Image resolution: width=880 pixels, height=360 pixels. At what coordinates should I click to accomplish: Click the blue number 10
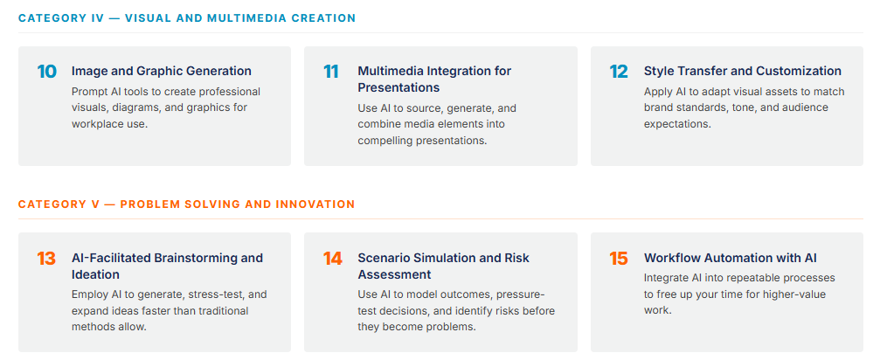click(47, 72)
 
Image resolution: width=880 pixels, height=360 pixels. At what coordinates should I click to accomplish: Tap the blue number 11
click(331, 72)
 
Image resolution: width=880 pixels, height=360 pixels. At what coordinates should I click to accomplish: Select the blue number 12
click(619, 72)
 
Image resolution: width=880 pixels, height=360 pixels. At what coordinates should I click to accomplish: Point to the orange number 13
click(46, 259)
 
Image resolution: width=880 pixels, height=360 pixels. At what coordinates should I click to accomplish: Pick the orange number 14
click(333, 259)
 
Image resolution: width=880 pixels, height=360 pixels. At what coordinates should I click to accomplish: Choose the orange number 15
click(619, 259)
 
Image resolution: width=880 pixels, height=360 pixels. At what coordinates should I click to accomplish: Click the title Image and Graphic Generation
click(162, 72)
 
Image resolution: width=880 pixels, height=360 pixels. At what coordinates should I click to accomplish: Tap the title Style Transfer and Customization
click(743, 72)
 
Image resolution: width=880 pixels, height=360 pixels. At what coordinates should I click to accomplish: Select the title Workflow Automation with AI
click(731, 258)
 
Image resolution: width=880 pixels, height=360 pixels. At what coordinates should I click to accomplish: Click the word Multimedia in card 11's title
click(391, 72)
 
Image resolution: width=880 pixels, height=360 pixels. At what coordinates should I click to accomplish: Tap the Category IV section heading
click(187, 18)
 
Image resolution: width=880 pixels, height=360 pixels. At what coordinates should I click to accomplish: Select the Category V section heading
click(186, 204)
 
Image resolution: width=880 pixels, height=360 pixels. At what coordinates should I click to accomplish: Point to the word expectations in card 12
click(677, 124)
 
